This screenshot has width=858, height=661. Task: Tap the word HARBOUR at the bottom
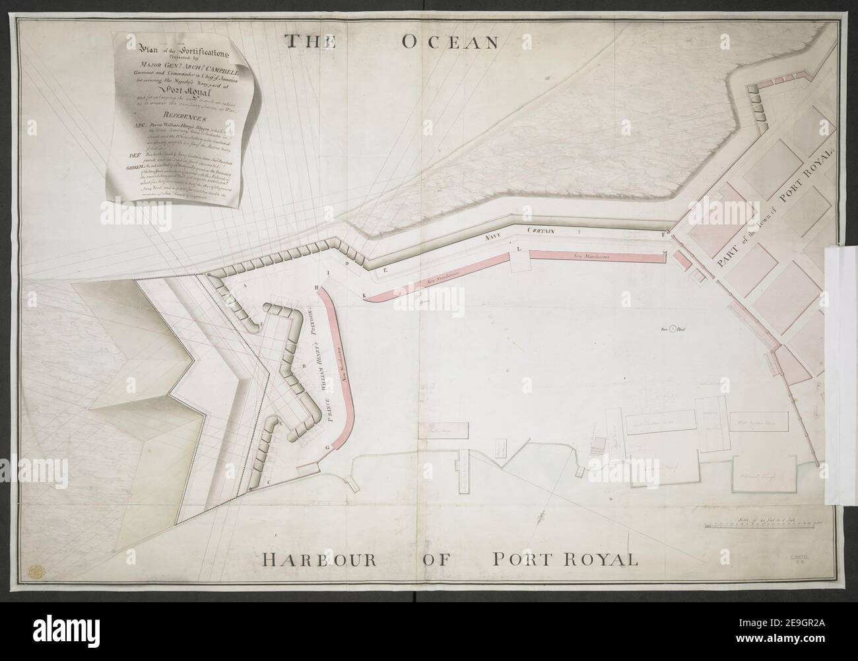(x=319, y=561)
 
